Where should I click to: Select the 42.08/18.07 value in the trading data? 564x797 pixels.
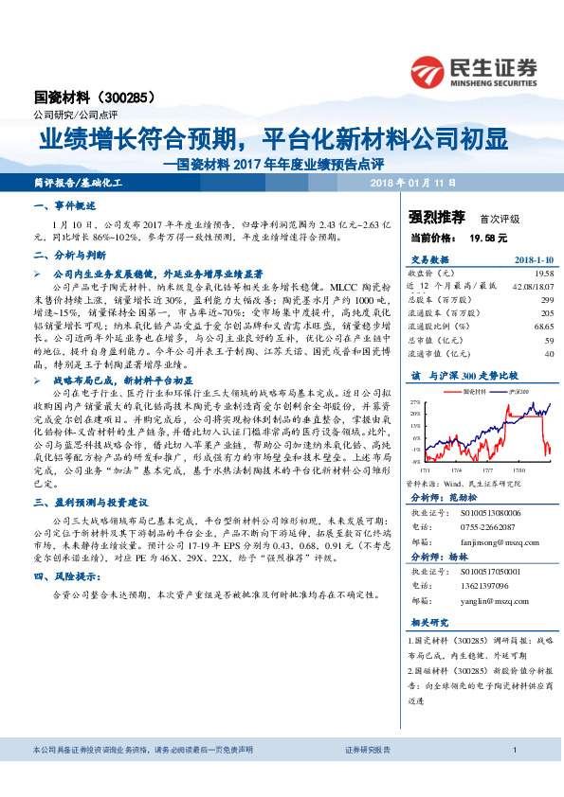(x=531, y=284)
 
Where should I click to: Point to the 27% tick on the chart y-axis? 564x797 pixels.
(x=416, y=401)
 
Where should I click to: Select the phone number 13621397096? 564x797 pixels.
(x=490, y=587)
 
